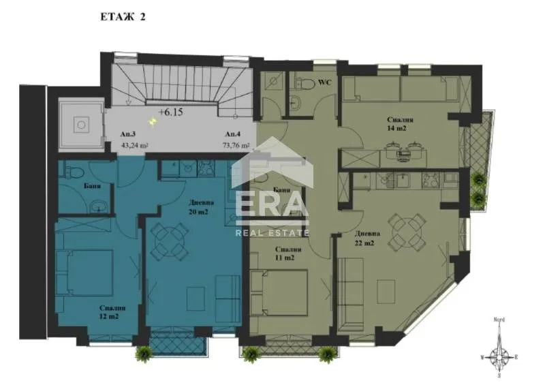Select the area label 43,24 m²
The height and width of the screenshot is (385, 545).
pyautogui.click(x=134, y=145)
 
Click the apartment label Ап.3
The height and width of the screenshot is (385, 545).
pyautogui.click(x=127, y=135)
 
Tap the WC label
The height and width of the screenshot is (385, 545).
pyautogui.click(x=325, y=83)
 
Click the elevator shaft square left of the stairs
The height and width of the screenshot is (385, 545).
pyautogui.click(x=80, y=124)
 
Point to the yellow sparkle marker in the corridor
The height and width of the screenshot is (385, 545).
pyautogui.click(x=153, y=121)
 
